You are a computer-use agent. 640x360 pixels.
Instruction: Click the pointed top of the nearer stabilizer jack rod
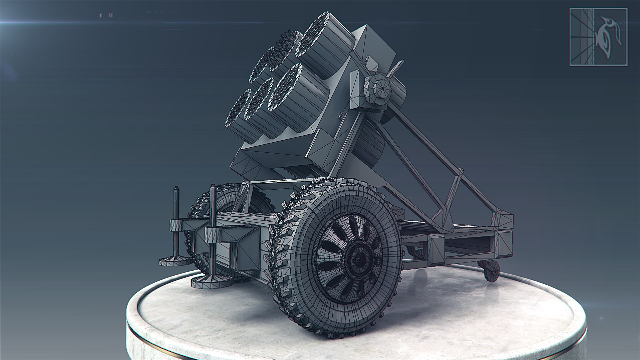(212, 187)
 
